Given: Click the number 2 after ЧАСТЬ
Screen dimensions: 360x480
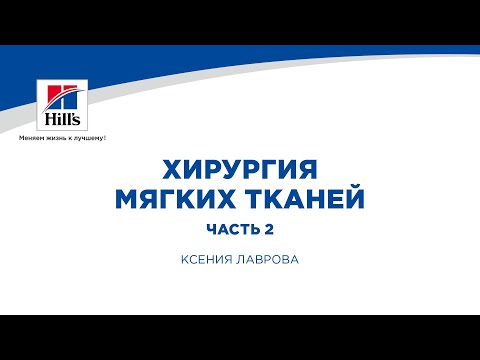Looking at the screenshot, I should [x=269, y=228].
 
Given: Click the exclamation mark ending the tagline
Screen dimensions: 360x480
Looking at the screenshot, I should [x=104, y=138].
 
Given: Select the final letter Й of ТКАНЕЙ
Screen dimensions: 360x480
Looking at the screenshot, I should [x=355, y=196].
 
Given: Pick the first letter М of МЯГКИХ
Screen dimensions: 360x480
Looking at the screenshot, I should [x=127, y=196].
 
